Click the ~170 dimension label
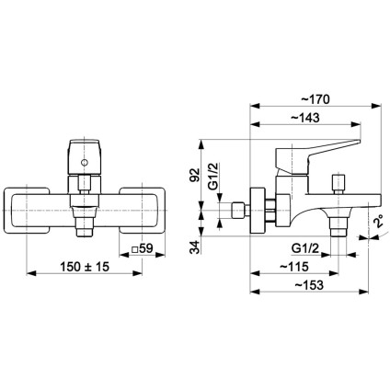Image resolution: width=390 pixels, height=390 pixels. pyautogui.click(x=315, y=99)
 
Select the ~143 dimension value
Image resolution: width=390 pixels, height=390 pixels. pyautogui.click(x=304, y=118)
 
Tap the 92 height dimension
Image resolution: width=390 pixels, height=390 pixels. pyautogui.click(x=195, y=175)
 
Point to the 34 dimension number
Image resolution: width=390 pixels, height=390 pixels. pyautogui.click(x=194, y=247)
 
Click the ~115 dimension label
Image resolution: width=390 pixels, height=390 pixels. pyautogui.click(x=294, y=267)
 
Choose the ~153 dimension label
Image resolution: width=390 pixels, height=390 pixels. pyautogui.click(x=309, y=285)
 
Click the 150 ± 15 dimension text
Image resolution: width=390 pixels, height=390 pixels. pyautogui.click(x=85, y=267)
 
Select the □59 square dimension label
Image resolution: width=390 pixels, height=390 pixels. pyautogui.click(x=142, y=248)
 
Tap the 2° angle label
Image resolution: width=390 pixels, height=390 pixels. pyautogui.click(x=379, y=222)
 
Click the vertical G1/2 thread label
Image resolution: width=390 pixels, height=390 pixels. pyautogui.click(x=214, y=176)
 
